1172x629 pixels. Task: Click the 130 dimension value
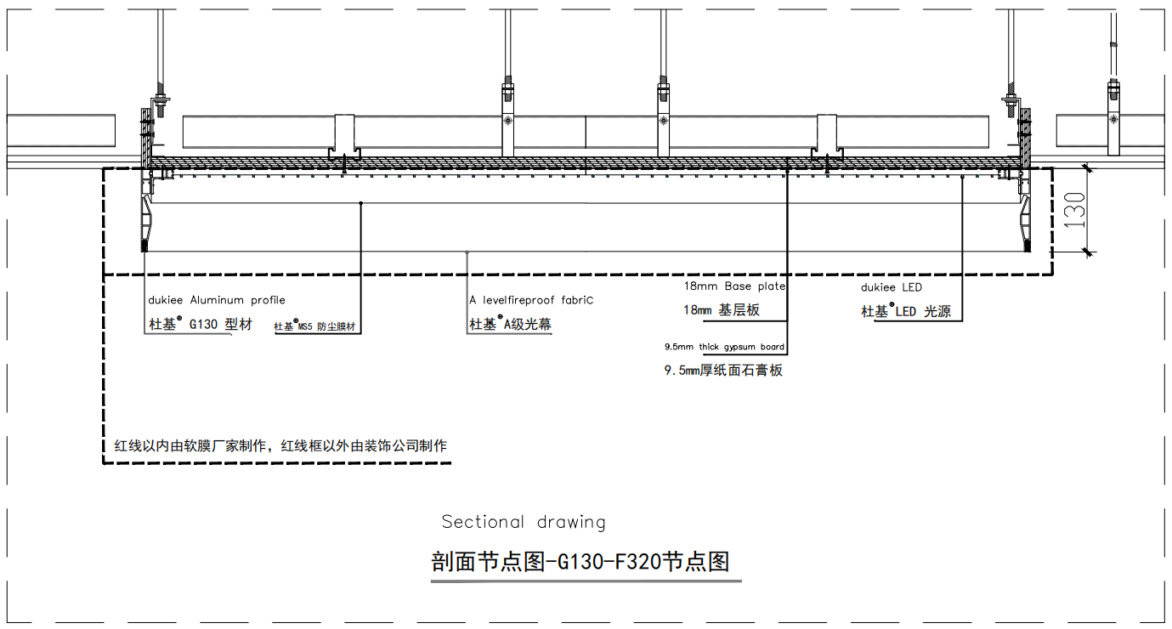(x=1074, y=210)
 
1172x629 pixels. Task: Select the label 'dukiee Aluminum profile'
(x=217, y=300)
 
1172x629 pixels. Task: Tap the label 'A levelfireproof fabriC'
(x=531, y=300)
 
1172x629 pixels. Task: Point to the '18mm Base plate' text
(x=734, y=286)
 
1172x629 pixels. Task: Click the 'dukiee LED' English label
(x=892, y=287)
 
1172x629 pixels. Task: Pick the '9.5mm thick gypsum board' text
(x=725, y=347)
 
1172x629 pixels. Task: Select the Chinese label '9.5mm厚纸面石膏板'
(x=723, y=371)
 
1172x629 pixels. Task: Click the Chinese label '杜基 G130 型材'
(x=201, y=325)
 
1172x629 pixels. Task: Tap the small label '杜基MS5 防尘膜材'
(x=314, y=326)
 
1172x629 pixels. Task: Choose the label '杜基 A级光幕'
(x=510, y=324)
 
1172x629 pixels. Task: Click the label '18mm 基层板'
(x=722, y=310)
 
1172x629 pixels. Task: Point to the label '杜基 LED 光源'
(x=906, y=311)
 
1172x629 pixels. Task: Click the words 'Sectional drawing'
(x=524, y=522)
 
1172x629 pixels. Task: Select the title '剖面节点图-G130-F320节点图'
(x=580, y=562)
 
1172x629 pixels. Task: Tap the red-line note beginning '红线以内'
(x=280, y=446)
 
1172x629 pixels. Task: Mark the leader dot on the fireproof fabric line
(x=467, y=252)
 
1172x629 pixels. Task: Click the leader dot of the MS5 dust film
(x=360, y=203)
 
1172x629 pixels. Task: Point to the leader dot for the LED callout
(x=962, y=178)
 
